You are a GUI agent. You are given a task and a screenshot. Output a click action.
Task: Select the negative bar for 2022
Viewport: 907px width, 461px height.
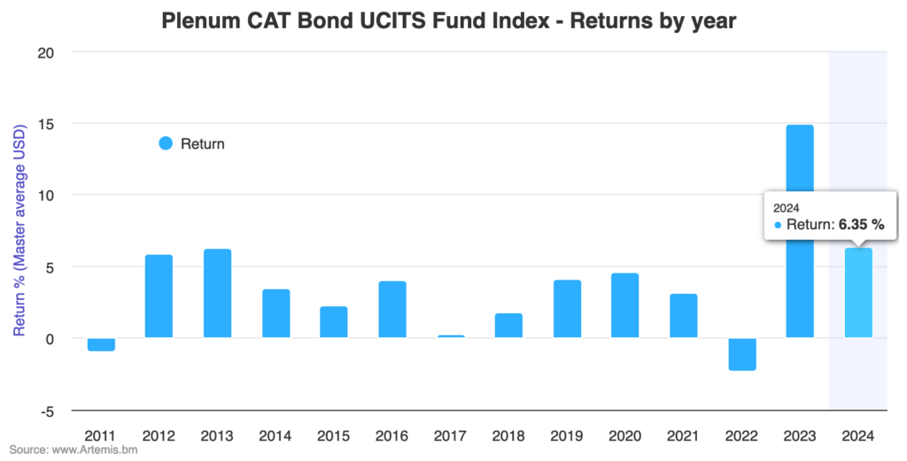[x=741, y=354]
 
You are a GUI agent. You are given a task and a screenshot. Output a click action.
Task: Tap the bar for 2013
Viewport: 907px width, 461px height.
[x=217, y=293]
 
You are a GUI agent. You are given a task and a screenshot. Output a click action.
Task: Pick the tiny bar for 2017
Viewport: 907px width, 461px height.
[x=451, y=336]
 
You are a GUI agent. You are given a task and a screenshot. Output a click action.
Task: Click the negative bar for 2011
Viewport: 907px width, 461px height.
[x=101, y=344]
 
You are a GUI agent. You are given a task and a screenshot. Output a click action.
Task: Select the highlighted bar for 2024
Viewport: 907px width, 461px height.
[x=858, y=293]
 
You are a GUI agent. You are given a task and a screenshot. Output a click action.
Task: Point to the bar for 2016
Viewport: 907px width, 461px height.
[x=392, y=309]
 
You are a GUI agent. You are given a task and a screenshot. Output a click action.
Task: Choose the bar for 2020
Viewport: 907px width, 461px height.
[x=625, y=305]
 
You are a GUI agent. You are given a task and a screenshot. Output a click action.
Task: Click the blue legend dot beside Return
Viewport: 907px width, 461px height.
[x=166, y=143]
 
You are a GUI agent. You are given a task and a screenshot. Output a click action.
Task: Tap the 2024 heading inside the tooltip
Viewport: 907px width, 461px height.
[x=787, y=207]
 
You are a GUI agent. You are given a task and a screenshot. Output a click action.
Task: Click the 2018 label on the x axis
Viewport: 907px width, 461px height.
[x=508, y=436]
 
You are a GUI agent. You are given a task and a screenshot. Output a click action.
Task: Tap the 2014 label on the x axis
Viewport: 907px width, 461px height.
[x=275, y=436]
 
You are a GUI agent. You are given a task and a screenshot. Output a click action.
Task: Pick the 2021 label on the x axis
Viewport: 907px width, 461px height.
[x=683, y=436]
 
